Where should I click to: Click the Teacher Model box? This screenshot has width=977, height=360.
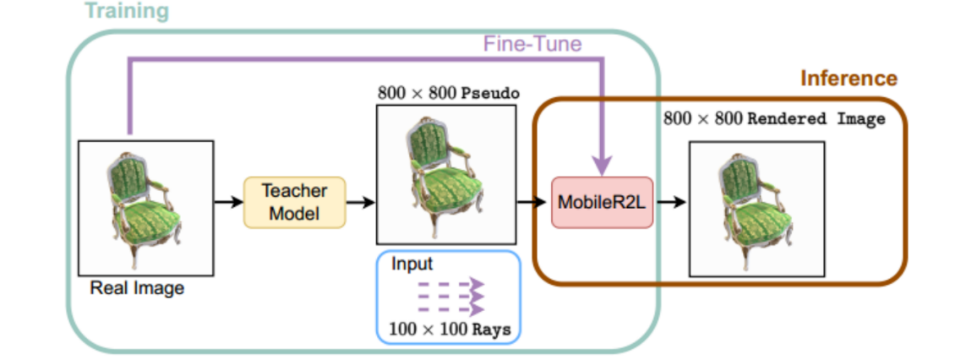294,202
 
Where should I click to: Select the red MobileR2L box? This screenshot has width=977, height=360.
603,203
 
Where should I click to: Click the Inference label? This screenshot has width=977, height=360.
849,79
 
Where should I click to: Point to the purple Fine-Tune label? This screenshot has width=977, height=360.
532,44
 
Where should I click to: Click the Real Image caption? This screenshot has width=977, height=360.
138,289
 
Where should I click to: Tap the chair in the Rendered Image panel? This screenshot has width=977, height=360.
756,206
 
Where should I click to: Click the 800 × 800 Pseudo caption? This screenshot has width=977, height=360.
447,94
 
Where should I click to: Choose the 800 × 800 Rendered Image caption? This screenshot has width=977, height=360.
774,119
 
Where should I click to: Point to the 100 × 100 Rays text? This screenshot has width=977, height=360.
449,329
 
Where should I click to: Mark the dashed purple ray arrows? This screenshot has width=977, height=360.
450,296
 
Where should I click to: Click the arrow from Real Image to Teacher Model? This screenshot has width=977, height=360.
227,202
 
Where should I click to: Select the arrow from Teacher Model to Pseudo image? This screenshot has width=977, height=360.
360,202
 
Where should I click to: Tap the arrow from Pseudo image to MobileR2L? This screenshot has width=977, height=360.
532,202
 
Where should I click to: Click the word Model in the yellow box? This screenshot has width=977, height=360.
294,214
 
